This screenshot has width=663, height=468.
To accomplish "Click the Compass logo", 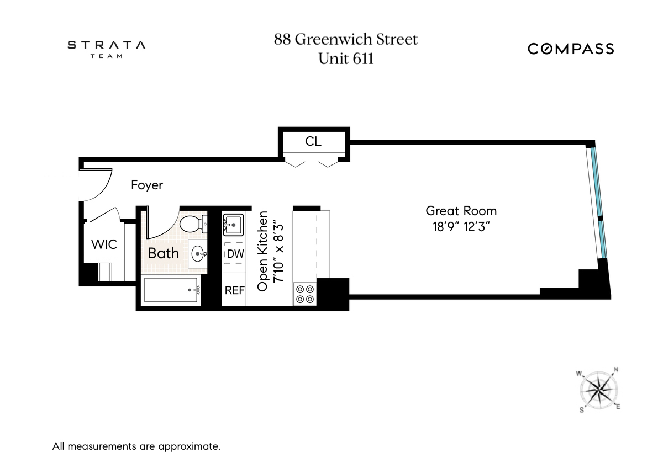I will pos(570,49).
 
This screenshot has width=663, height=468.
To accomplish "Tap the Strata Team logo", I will pos(107,49).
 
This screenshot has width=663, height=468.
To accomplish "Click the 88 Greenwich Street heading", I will pos(346,40).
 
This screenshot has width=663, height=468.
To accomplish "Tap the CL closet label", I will pos(313,141).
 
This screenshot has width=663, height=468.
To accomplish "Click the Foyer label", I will pos(147,185).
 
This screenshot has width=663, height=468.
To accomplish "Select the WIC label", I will pos(104,243).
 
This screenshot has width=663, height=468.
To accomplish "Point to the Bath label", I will pos(164,253).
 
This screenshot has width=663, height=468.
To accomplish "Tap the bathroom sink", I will pos(198,254).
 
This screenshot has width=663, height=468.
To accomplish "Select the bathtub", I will pos(171,290).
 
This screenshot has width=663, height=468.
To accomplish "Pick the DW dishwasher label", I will pos(235,254).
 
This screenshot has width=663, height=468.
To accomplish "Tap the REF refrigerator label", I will pos(234,290).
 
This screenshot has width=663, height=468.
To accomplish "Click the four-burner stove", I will pos(304,294).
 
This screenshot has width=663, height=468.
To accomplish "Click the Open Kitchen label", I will pos(264,251).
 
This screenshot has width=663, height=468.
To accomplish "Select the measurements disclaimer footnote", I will pos(136,446).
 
